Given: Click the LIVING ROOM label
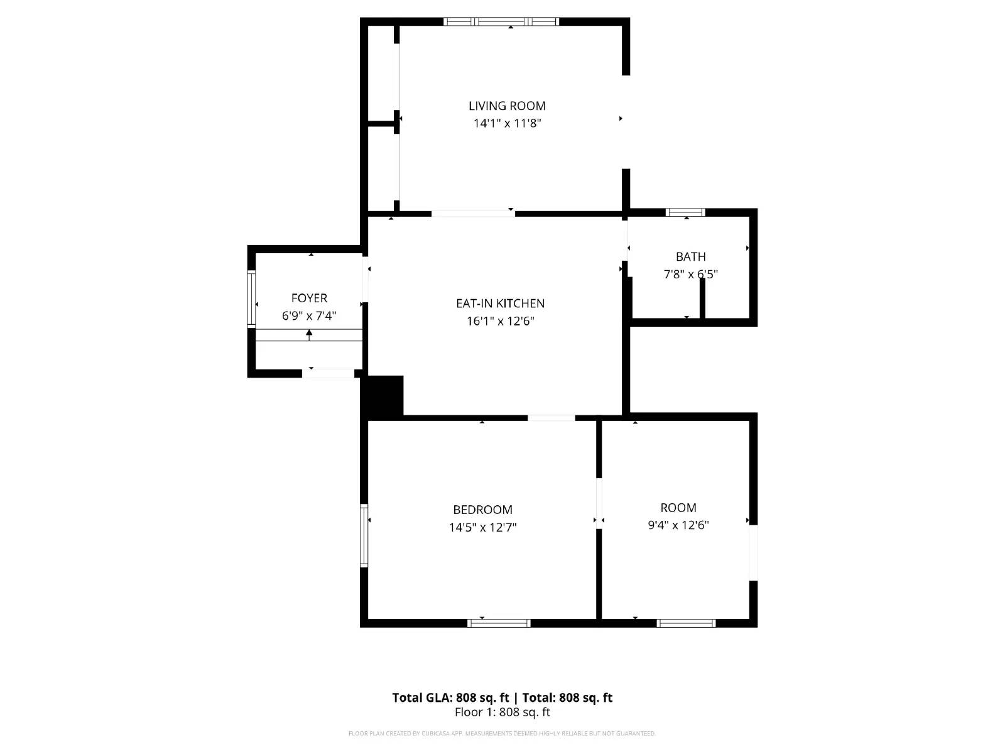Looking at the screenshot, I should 507,106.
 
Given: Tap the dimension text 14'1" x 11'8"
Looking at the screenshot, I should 507,123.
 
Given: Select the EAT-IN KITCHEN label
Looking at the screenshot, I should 500,303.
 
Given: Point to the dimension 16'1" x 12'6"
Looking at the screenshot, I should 500,321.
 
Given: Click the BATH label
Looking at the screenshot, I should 690,256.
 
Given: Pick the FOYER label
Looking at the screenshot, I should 309,298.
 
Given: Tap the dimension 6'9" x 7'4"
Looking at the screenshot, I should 309,315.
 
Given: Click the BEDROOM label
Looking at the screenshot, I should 482,510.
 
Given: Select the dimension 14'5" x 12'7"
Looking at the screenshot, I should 482,527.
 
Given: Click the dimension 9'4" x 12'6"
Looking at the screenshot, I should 678,525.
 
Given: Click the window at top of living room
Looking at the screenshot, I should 501,22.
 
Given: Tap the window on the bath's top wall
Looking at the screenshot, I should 685,212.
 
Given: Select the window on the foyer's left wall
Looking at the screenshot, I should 251,298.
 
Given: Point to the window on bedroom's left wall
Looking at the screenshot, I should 364,535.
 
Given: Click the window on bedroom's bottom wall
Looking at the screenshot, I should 499,623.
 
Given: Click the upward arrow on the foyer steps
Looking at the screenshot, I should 309,334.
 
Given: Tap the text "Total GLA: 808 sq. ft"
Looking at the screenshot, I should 450,697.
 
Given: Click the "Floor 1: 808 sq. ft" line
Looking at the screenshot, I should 502,712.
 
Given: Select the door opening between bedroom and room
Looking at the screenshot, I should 599,503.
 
